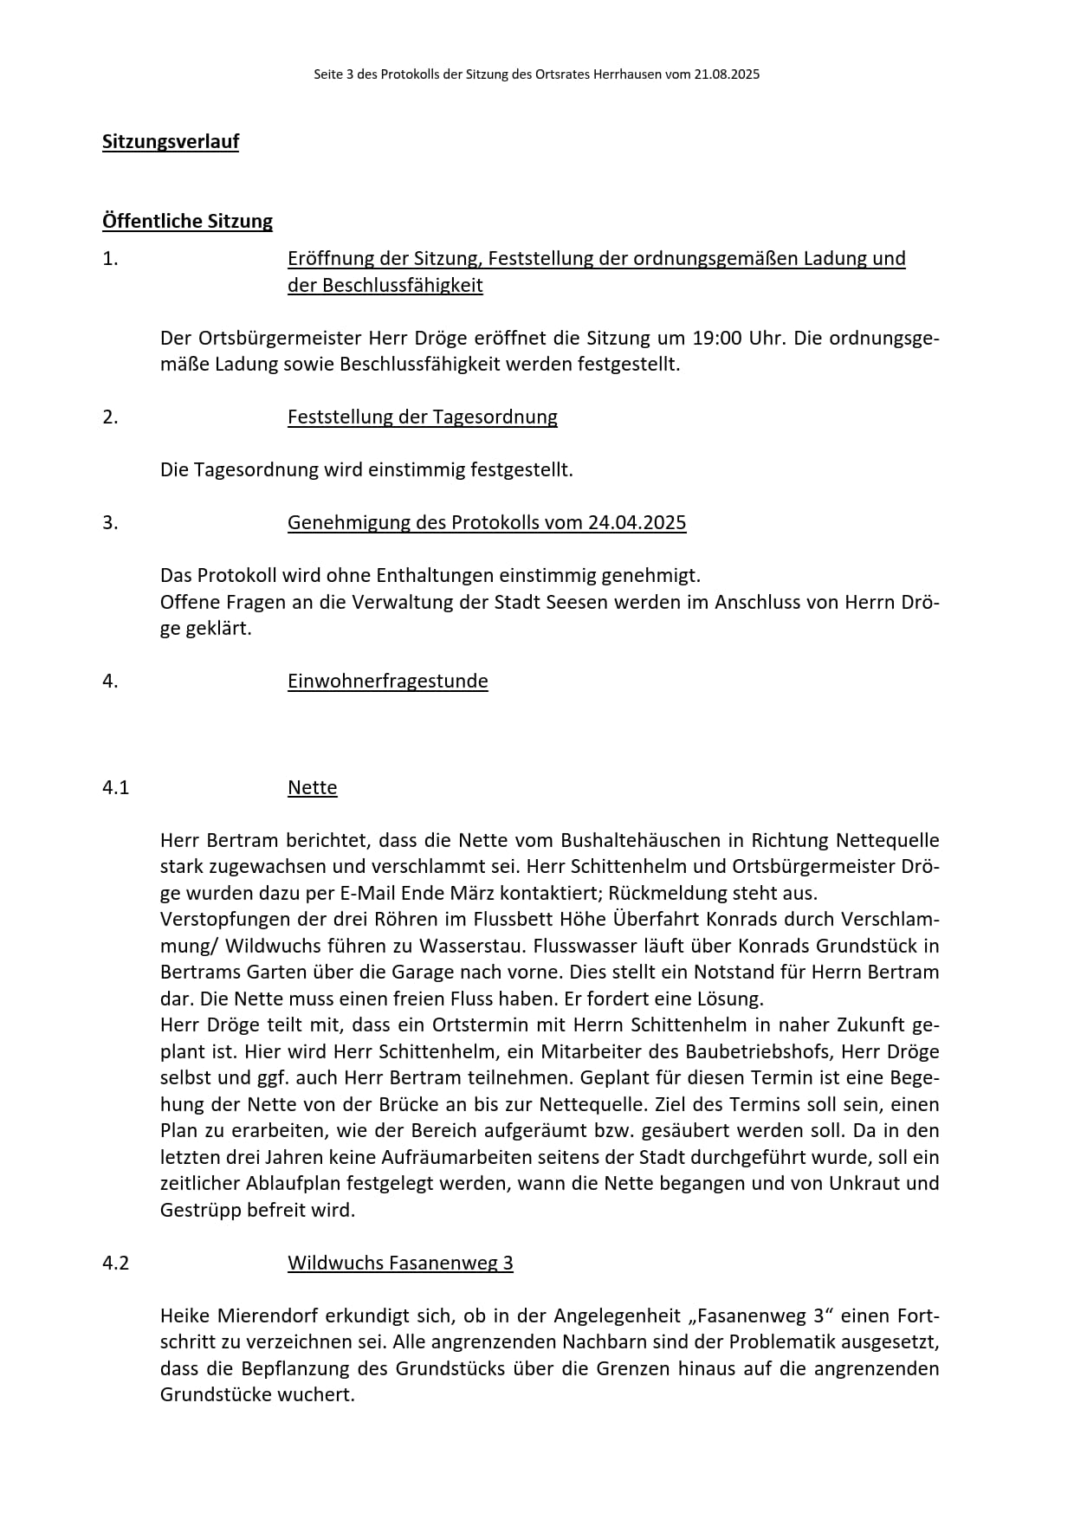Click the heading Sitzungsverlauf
pos(171,142)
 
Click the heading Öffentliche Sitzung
pos(187,222)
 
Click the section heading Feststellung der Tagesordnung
pos(422,417)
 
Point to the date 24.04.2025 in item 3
pos(637,523)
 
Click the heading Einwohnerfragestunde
pos(387,682)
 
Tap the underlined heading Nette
pos(312,788)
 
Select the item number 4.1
pos(115,788)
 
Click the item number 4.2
pos(115,1264)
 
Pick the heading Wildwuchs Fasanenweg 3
pos(400,1264)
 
